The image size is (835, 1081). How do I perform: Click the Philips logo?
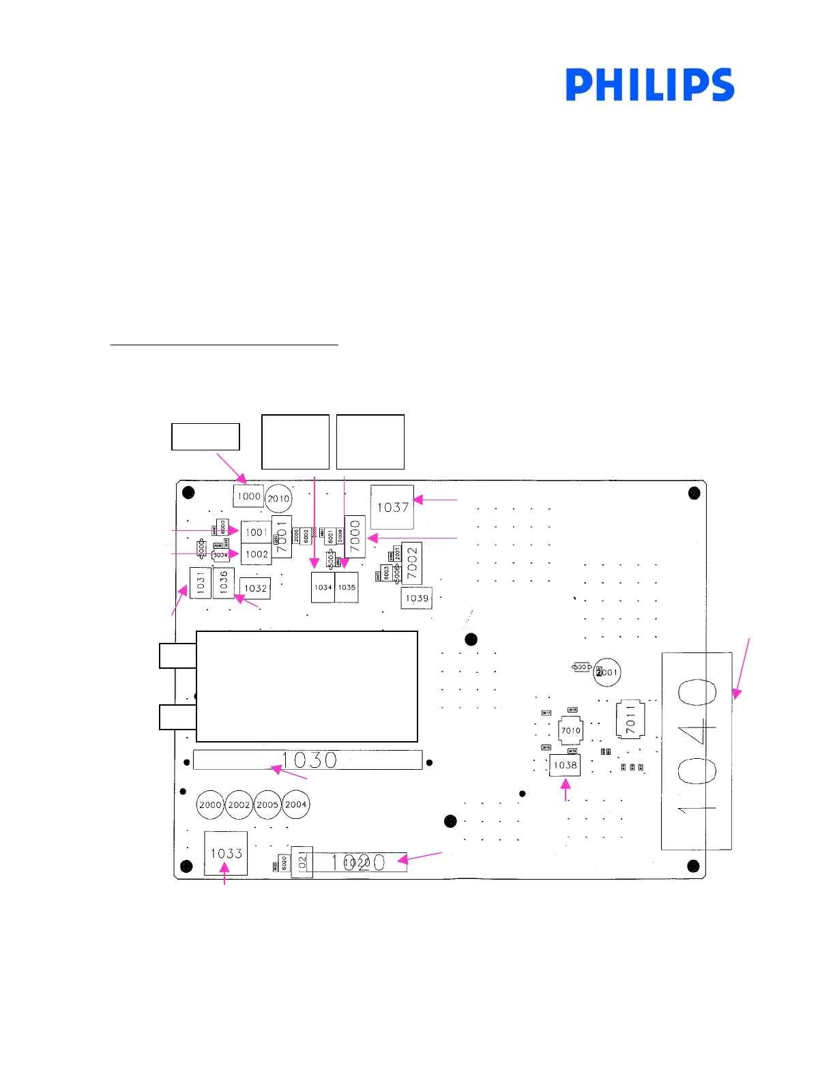(x=649, y=85)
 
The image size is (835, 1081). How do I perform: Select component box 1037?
(x=392, y=507)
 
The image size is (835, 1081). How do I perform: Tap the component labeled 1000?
(x=248, y=496)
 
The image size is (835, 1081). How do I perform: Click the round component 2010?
(x=278, y=499)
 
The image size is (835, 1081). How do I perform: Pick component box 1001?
(x=256, y=532)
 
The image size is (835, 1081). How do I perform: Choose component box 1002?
(x=256, y=554)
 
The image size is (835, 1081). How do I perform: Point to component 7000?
(x=355, y=536)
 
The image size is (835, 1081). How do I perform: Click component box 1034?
(x=323, y=588)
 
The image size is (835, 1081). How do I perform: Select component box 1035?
(x=347, y=588)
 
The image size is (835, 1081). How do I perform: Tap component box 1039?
(x=416, y=599)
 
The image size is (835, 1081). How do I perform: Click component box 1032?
(x=255, y=588)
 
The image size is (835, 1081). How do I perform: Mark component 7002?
(x=411, y=563)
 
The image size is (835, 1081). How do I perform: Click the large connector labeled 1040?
(x=697, y=751)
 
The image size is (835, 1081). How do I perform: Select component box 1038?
(x=565, y=765)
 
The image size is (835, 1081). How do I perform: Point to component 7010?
(x=570, y=730)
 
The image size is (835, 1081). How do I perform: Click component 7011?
(x=630, y=719)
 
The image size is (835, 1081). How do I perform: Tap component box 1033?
(x=226, y=853)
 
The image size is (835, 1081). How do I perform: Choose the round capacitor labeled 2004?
(x=296, y=805)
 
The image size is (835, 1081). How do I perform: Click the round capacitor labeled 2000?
(x=210, y=805)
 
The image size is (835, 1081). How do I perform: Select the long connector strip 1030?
(x=308, y=760)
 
